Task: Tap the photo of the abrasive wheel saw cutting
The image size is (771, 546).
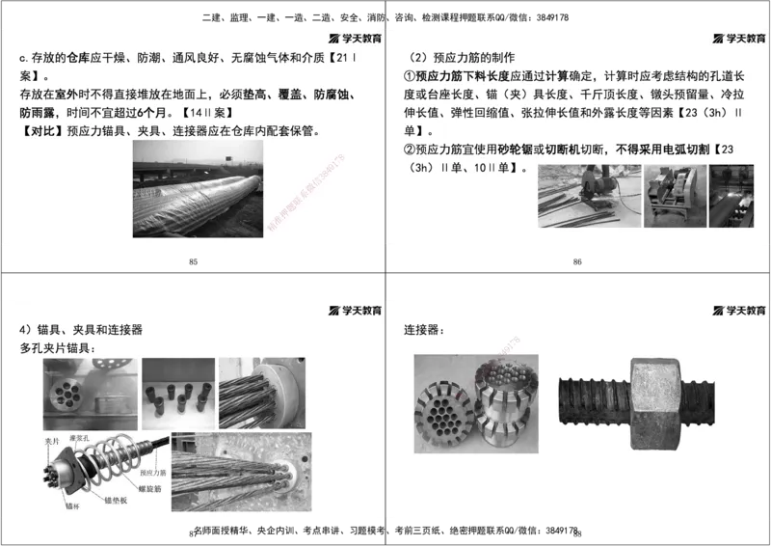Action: point(588,196)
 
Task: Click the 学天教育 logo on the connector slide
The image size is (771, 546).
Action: point(739,311)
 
